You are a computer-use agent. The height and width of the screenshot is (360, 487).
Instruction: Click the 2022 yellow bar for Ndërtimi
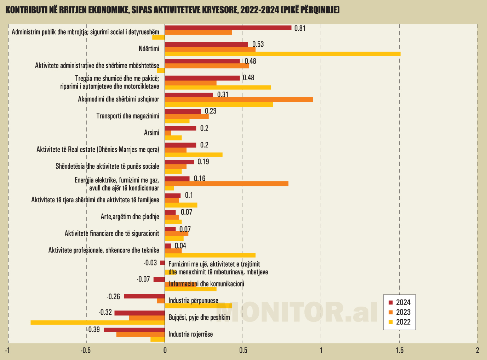click(282, 54)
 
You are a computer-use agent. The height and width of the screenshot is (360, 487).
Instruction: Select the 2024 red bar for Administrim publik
click(228, 28)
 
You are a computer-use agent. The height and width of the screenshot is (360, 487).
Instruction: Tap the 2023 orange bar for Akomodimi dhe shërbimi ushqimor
click(239, 99)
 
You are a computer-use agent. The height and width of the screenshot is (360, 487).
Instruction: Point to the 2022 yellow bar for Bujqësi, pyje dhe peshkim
click(98, 323)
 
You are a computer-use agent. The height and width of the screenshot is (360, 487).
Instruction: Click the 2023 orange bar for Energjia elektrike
click(227, 184)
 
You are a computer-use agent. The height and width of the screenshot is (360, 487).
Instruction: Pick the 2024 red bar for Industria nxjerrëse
click(134, 330)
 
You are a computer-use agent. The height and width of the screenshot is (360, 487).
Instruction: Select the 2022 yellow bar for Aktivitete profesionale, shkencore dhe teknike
click(210, 255)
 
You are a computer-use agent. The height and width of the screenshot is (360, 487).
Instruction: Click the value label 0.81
click(300, 28)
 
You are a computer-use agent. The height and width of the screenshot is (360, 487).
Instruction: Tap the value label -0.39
click(93, 330)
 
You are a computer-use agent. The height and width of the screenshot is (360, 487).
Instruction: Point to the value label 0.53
click(258, 44)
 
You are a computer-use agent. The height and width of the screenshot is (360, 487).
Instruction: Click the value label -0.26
click(114, 296)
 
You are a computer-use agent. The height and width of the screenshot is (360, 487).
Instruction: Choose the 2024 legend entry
click(400, 302)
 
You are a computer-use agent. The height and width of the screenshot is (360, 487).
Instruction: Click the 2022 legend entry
click(400, 322)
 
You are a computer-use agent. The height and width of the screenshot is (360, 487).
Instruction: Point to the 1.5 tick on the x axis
click(399, 350)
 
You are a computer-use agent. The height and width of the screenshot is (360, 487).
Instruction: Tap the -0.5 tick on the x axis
click(86, 350)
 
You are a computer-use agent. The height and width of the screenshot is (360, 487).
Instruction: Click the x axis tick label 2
click(477, 350)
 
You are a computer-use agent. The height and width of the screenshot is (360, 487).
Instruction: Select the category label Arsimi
click(151, 133)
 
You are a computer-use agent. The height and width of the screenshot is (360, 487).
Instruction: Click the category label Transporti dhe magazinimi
click(128, 116)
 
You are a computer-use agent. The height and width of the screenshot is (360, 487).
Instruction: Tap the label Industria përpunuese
click(193, 301)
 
